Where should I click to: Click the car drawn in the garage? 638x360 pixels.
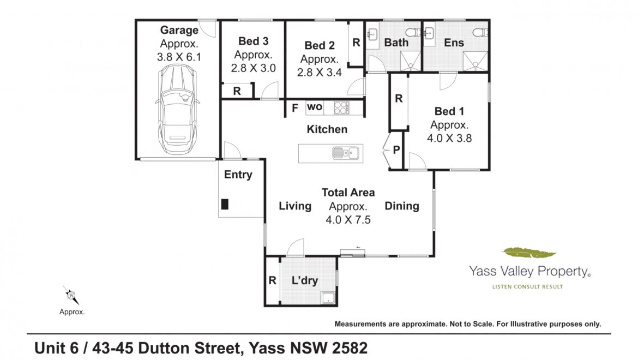(178, 110)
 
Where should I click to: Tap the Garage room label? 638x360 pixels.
(179, 30)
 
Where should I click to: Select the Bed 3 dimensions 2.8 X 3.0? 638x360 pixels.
(253, 68)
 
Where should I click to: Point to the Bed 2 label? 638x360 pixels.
(320, 46)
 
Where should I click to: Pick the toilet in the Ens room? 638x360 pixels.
(480, 32)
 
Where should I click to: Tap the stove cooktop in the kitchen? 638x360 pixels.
(341, 108)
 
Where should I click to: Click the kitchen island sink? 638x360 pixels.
(346, 153)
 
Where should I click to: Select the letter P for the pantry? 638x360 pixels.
(396, 150)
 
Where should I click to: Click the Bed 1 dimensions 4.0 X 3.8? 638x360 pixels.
(449, 139)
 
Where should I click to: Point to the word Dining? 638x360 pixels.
(401, 206)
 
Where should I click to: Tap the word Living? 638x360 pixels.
(295, 206)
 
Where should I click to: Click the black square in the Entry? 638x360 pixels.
(225, 204)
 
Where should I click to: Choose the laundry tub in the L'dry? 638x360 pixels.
(328, 298)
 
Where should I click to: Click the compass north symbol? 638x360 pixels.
(71, 295)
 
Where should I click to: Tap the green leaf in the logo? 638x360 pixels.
(529, 253)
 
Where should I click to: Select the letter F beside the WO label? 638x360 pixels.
(295, 108)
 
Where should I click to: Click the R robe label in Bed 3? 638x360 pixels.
(237, 91)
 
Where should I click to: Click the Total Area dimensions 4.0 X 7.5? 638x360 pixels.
(348, 220)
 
